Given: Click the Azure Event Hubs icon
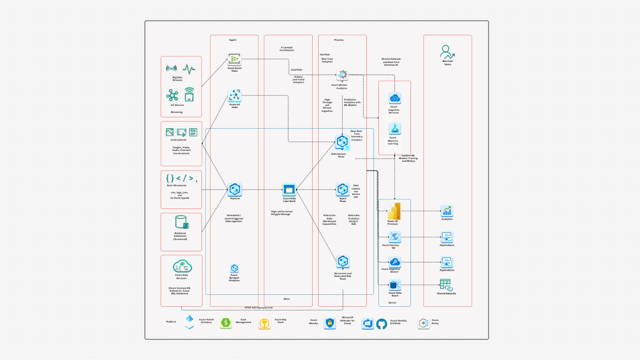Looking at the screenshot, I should click(235, 59).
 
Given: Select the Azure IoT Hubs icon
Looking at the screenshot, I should click(235, 96).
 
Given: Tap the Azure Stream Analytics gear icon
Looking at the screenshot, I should click(342, 75).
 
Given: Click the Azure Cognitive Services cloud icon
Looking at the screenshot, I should click(395, 98).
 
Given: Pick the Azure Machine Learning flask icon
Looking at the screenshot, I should click(395, 129).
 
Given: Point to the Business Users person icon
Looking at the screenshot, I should click(448, 52).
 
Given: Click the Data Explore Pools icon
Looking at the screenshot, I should click(342, 143).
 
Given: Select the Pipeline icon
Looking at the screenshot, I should click(235, 190).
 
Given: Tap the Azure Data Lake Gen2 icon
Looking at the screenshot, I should click(289, 190).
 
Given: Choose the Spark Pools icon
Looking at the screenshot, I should click(343, 190).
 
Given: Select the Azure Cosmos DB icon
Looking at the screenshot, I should click(395, 237).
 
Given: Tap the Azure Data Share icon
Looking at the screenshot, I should click(395, 285).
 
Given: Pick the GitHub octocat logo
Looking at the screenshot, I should click(382, 324).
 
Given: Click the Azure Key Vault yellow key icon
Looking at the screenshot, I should click(264, 324).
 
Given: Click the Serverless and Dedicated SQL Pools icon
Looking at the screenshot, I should click(343, 261).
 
